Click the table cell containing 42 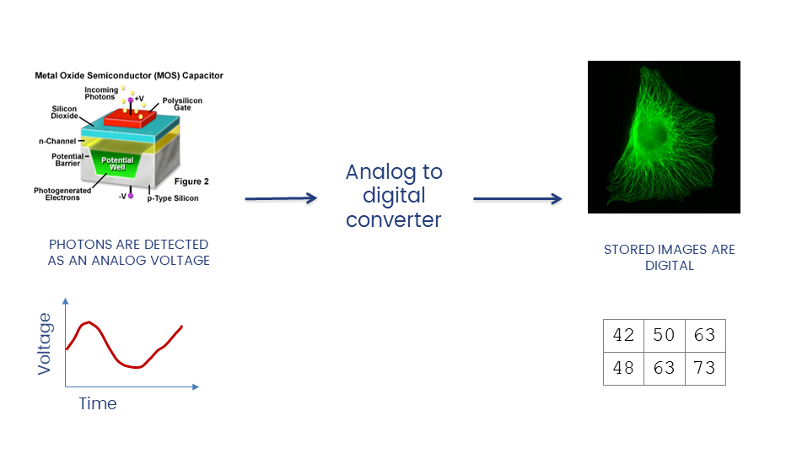coord(623,336)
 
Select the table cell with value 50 coord(664,336)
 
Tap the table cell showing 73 coord(704,369)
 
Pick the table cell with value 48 coord(623,369)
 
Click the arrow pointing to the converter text coord(281,198)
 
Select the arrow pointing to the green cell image coord(517,199)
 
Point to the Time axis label coord(98,403)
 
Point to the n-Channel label coord(57,141)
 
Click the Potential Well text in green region coord(118,163)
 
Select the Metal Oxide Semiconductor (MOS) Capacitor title coord(129,76)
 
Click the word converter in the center coord(394,219)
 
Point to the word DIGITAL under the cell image coord(670,265)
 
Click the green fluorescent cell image coord(664,137)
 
